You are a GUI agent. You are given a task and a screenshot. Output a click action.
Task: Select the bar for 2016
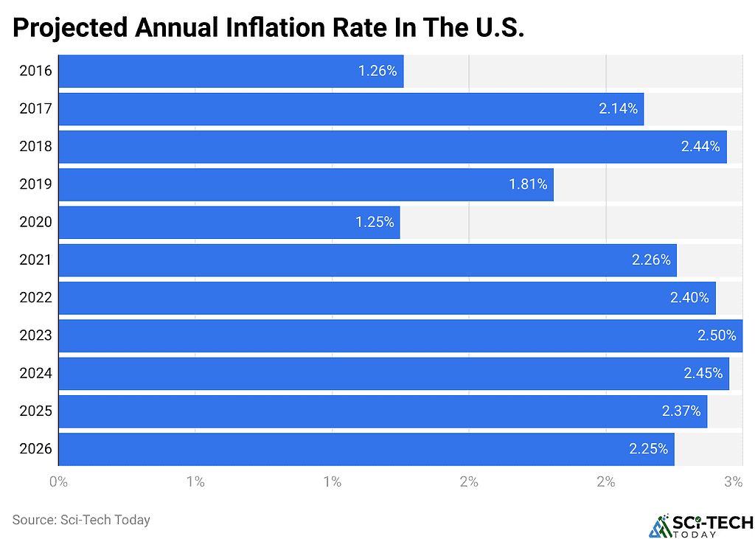click(x=230, y=72)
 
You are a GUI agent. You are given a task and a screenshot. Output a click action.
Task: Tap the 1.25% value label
click(x=376, y=223)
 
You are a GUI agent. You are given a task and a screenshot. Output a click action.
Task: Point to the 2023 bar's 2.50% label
click(x=717, y=335)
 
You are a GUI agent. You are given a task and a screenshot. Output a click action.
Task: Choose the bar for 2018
click(x=392, y=147)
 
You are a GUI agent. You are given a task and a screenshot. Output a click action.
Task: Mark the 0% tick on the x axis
click(x=58, y=482)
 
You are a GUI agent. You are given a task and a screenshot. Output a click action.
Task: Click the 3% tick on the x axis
click(x=733, y=482)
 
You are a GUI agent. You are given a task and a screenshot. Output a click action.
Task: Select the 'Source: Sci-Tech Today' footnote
click(x=81, y=520)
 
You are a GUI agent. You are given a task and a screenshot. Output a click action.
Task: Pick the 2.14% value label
click(x=618, y=109)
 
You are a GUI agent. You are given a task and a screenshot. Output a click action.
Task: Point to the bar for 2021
click(x=366, y=260)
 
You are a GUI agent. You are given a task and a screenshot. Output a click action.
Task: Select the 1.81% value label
click(x=528, y=184)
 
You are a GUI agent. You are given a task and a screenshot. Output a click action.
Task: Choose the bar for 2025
click(x=382, y=411)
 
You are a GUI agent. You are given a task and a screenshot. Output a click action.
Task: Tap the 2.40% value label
click(x=690, y=298)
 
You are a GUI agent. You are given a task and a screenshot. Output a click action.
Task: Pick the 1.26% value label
click(x=377, y=72)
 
